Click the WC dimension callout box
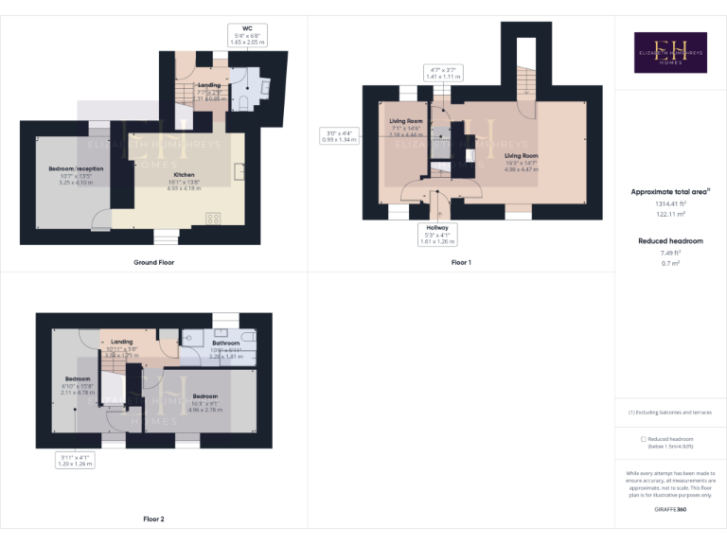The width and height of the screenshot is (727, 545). [249, 36]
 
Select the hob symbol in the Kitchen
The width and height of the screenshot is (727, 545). [213, 219]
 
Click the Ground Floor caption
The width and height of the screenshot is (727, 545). [153, 262]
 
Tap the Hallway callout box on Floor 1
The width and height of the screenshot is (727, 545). [437, 234]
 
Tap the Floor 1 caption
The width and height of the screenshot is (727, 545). [460, 262]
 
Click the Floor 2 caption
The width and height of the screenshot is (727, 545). [153, 519]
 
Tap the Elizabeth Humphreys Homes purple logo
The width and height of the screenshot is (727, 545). [670, 52]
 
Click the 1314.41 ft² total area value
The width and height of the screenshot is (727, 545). [671, 204]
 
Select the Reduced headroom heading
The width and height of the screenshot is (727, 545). [671, 241]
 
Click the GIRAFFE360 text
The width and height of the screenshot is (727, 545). [671, 510]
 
